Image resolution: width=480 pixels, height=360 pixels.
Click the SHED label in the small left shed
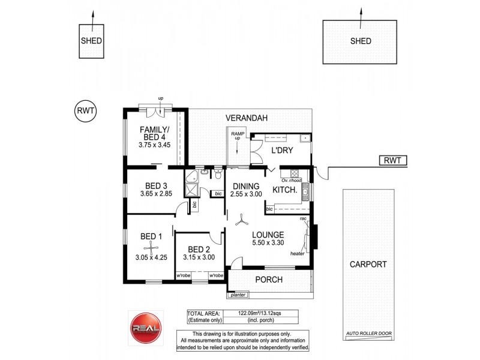tap(91, 41)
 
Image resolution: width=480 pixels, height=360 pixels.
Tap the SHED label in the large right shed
tap(361, 41)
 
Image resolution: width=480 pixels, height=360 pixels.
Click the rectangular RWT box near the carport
tap(393, 160)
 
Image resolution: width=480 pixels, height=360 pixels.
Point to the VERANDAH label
tap(246, 118)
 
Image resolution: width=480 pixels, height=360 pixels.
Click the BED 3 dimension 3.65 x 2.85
tap(156, 194)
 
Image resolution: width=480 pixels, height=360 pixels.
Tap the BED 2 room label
tap(199, 249)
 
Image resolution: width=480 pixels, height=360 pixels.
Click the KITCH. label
tap(285, 190)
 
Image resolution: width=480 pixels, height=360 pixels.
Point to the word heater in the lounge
tap(297, 253)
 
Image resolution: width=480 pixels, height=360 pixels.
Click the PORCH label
tap(268, 280)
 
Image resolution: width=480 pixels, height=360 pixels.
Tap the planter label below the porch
tap(236, 295)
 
